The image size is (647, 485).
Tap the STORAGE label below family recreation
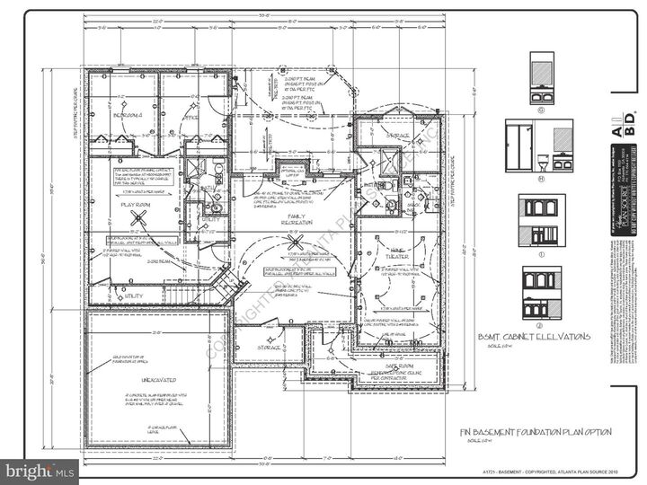pos(269,347)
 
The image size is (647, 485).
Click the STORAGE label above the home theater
pos(398,136)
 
